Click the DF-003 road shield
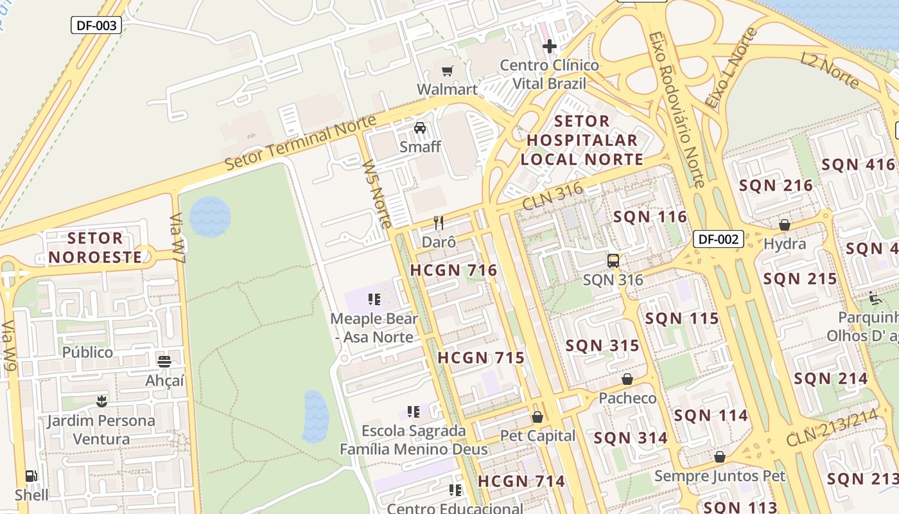pyautogui.click(x=96, y=25)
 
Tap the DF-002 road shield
pyautogui.click(x=718, y=240)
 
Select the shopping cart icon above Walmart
pyautogui.click(x=447, y=70)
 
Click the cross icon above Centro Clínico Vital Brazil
pyautogui.click(x=549, y=46)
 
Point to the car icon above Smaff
pyautogui.click(x=420, y=128)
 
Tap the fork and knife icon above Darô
pyautogui.click(x=439, y=223)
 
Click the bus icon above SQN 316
pyautogui.click(x=613, y=260)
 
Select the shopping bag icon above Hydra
pyautogui.click(x=784, y=225)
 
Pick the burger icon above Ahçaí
pyautogui.click(x=164, y=361)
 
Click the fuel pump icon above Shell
pyautogui.click(x=31, y=476)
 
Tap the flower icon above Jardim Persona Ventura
pyautogui.click(x=101, y=402)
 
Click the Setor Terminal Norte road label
pyautogui.click(x=300, y=143)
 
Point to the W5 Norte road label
pyautogui.click(x=377, y=193)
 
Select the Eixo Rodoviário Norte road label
pyautogui.click(x=677, y=109)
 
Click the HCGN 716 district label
pyautogui.click(x=453, y=270)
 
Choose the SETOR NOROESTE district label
pyautogui.click(x=95, y=248)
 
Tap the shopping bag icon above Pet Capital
pyautogui.click(x=537, y=417)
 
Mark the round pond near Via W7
pyautogui.click(x=210, y=217)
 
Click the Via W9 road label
pyautogui.click(x=9, y=346)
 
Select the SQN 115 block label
pyautogui.click(x=682, y=319)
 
